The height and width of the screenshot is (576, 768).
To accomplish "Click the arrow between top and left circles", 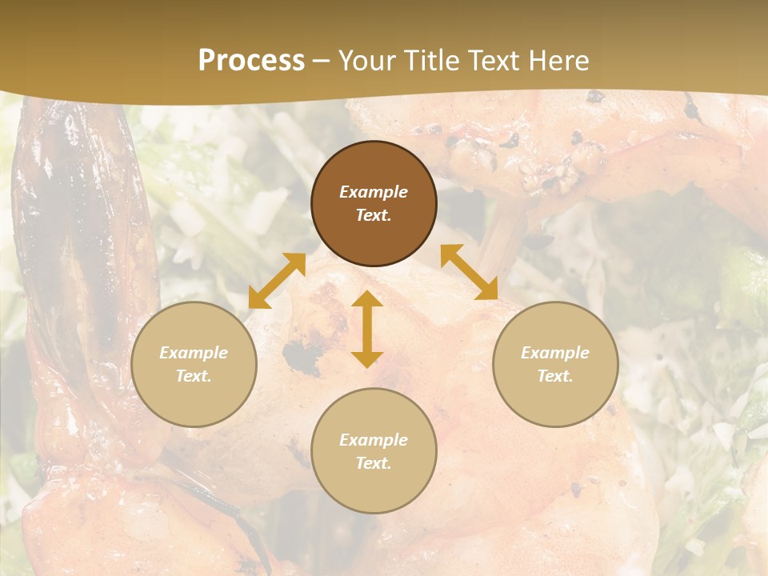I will point(277,281).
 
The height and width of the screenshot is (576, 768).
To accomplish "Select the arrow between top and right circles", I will point(469,272).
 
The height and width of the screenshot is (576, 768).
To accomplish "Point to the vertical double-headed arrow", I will point(367,329).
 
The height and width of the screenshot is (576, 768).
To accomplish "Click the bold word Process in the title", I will point(251,60).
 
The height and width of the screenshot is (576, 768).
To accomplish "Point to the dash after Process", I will point(321,61).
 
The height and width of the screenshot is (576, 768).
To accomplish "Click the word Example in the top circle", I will point(374,192).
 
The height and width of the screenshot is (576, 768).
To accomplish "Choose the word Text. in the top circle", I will point(374,215).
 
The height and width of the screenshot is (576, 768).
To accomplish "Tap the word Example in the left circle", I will point(194,353).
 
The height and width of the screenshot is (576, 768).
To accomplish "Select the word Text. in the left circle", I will point(194,376).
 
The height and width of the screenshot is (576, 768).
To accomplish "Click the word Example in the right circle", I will point(555,353).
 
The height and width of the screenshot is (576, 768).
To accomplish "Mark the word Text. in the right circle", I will point(555,376).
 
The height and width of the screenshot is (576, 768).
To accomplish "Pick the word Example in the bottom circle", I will point(374,440).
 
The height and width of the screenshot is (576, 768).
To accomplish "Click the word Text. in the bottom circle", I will point(374,463).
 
